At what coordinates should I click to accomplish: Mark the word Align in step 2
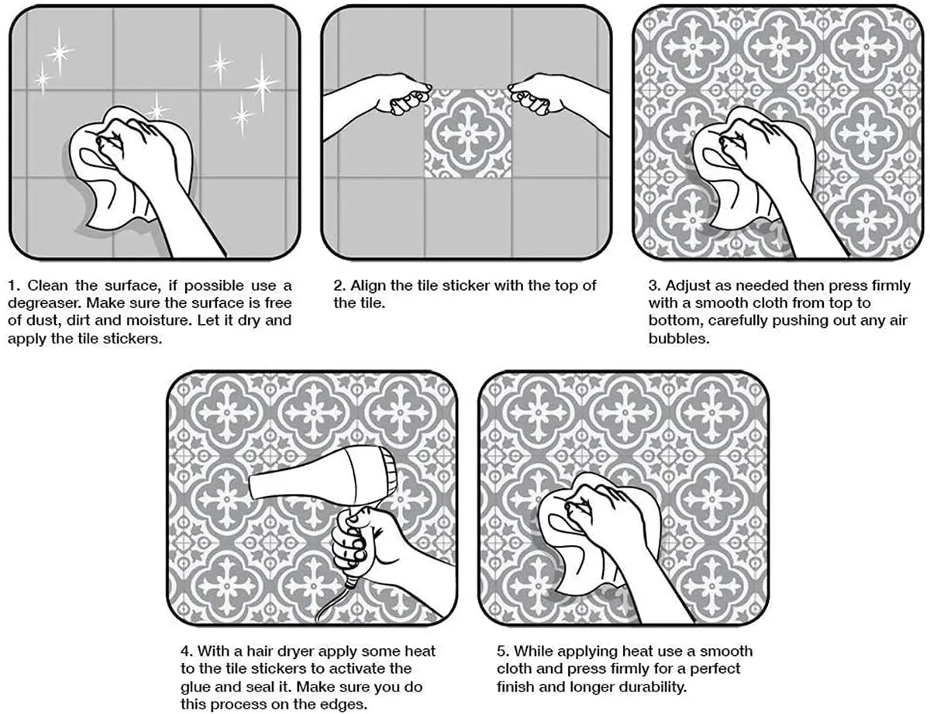click(368, 285)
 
